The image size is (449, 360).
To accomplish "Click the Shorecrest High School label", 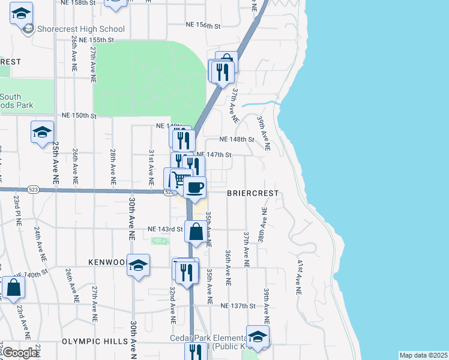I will pyautogui.click(x=80, y=29).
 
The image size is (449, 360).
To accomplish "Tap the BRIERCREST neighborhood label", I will pyautogui.click(x=253, y=194).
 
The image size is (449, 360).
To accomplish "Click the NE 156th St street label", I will pyautogui.click(x=203, y=26).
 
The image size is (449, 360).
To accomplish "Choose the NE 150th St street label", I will pyautogui.click(x=79, y=115).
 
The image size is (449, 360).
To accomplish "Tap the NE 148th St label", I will pyautogui.click(x=237, y=139).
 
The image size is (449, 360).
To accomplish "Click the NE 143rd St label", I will pyautogui.click(x=165, y=229).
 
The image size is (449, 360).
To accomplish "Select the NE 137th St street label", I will pyautogui.click(x=238, y=306).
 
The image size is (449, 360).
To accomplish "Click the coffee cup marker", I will pyautogui.click(x=194, y=188).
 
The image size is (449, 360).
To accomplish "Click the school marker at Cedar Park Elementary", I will pyautogui.click(x=258, y=337).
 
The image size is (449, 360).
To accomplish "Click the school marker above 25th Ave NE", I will pyautogui.click(x=42, y=132).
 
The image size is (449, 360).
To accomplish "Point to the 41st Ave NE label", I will pyautogui.click(x=298, y=277).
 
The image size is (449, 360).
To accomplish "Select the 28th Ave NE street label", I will pyautogui.click(x=112, y=167).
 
